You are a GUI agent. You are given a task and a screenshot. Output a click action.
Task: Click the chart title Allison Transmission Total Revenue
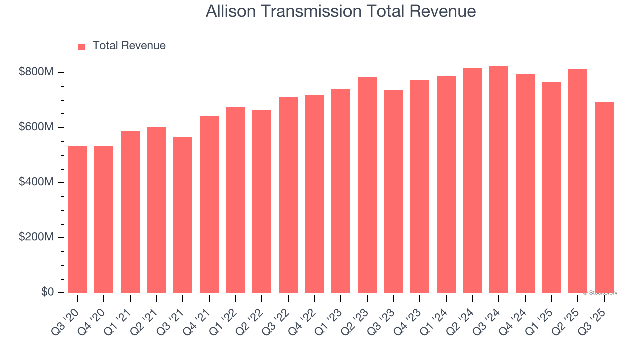tap(340, 11)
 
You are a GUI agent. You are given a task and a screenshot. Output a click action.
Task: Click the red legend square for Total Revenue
tap(82, 46)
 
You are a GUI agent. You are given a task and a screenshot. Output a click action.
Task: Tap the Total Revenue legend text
tap(129, 46)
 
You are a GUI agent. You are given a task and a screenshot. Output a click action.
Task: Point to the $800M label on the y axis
tap(36, 72)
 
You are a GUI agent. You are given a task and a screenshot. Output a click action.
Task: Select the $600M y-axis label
tap(36, 127)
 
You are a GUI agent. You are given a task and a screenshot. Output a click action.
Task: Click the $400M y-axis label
tap(36, 182)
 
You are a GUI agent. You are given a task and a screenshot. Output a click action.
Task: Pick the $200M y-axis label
tap(36, 237)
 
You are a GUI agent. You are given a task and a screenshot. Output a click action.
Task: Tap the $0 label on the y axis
tap(47, 292)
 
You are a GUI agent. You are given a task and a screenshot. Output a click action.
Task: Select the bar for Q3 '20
tap(78, 219)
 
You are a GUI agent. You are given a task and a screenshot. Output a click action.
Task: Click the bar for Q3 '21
tap(183, 214)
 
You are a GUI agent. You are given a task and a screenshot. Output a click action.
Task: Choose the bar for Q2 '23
tap(367, 185)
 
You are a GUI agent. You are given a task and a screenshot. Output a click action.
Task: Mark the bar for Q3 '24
tap(499, 179)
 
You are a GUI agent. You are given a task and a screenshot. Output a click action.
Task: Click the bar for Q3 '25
tap(604, 197)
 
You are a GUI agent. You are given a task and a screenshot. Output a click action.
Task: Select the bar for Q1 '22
tap(236, 199)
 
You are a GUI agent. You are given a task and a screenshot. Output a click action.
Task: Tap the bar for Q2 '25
tap(578, 180)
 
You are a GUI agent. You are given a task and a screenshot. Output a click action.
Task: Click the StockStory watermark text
tap(600, 293)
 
